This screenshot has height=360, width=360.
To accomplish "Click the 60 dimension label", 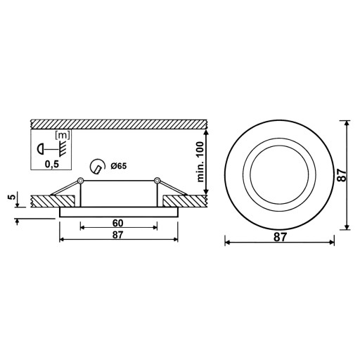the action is pyautogui.click(x=117, y=223).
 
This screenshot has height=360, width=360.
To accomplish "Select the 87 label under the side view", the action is pyautogui.click(x=117, y=235).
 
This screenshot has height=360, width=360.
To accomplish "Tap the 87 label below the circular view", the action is pyautogui.click(x=280, y=237).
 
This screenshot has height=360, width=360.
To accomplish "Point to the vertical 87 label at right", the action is pyautogui.click(x=342, y=175).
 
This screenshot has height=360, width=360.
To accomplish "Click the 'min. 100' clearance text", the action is pyautogui.click(x=200, y=162).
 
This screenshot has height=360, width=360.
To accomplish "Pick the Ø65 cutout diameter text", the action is pyautogui.click(x=119, y=166).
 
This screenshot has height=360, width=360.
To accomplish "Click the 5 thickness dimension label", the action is pyautogui.click(x=12, y=196).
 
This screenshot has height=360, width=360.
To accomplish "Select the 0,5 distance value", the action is pyautogui.click(x=52, y=165).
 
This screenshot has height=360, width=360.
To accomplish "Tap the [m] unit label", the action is pyautogui.click(x=62, y=135).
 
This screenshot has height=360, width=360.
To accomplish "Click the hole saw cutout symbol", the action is pyautogui.click(x=97, y=167).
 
